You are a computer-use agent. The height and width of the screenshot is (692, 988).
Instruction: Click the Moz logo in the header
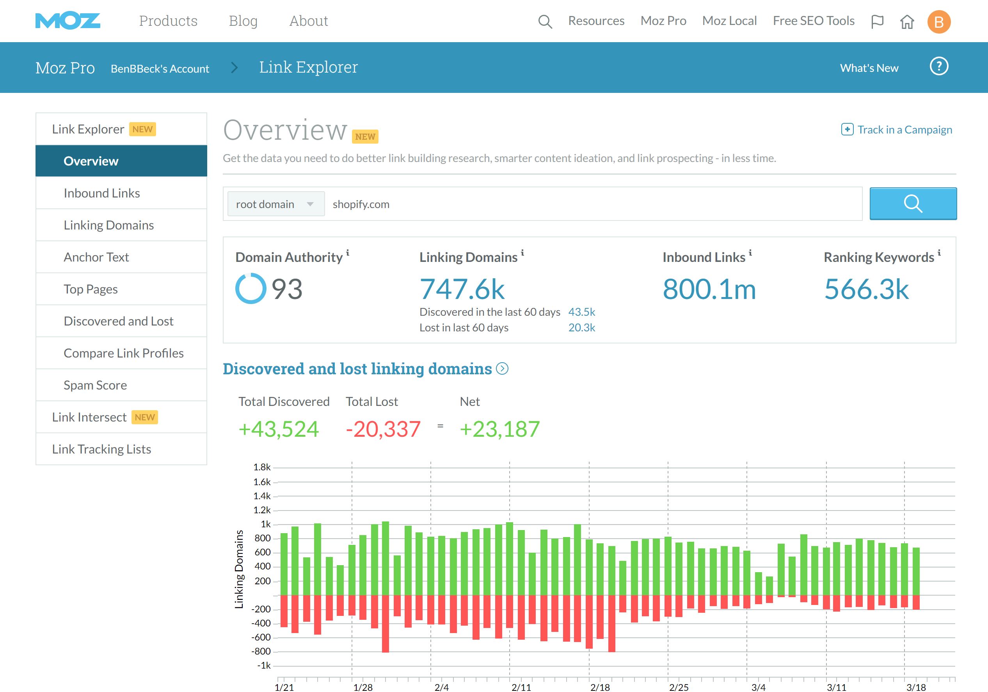tap(68, 21)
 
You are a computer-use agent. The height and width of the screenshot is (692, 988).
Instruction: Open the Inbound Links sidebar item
tap(101, 193)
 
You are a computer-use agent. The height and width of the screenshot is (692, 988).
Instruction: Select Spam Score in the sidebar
tap(95, 385)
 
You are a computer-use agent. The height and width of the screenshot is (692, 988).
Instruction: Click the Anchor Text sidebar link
tap(96, 257)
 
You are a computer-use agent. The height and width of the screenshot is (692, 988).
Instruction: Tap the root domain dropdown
tap(275, 204)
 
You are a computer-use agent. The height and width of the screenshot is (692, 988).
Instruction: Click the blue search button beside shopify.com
tap(913, 204)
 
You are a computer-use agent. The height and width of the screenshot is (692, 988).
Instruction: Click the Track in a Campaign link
tap(904, 130)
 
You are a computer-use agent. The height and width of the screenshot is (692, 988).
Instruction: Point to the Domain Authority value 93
tap(286, 289)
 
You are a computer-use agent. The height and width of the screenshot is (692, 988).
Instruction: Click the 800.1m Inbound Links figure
tap(709, 289)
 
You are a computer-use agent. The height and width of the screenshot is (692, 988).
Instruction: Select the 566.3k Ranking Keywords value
tap(866, 289)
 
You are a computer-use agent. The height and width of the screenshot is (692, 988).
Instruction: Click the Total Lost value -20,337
tap(382, 429)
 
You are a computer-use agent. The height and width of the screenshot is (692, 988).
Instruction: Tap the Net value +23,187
tap(499, 429)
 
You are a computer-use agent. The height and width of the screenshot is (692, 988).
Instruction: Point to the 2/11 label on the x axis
tap(521, 687)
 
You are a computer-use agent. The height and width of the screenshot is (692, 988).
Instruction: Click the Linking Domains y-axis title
tap(239, 569)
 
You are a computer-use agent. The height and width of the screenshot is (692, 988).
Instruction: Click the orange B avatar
tap(938, 21)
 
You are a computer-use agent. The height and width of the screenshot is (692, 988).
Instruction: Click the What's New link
tap(869, 68)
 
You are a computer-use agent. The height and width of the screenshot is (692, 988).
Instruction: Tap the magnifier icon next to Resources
tap(545, 21)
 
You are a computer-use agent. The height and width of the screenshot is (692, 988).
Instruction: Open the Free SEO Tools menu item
tap(813, 21)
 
